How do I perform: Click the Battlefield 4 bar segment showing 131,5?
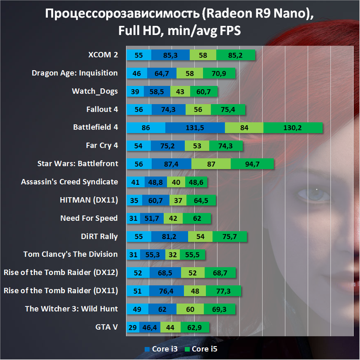click(195, 128)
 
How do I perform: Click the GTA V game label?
click(107, 327)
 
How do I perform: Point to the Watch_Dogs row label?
click(95, 91)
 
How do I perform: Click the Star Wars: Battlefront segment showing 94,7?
click(252, 164)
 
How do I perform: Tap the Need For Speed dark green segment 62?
click(197, 218)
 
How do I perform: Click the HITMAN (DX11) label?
click(92, 200)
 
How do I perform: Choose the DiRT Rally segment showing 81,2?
click(169, 237)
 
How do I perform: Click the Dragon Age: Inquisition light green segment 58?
click(190, 73)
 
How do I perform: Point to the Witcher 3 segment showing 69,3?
click(219, 309)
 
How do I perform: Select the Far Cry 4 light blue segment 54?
click(138, 146)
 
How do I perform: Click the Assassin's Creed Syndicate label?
click(70, 182)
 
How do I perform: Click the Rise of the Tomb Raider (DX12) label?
click(60, 273)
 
